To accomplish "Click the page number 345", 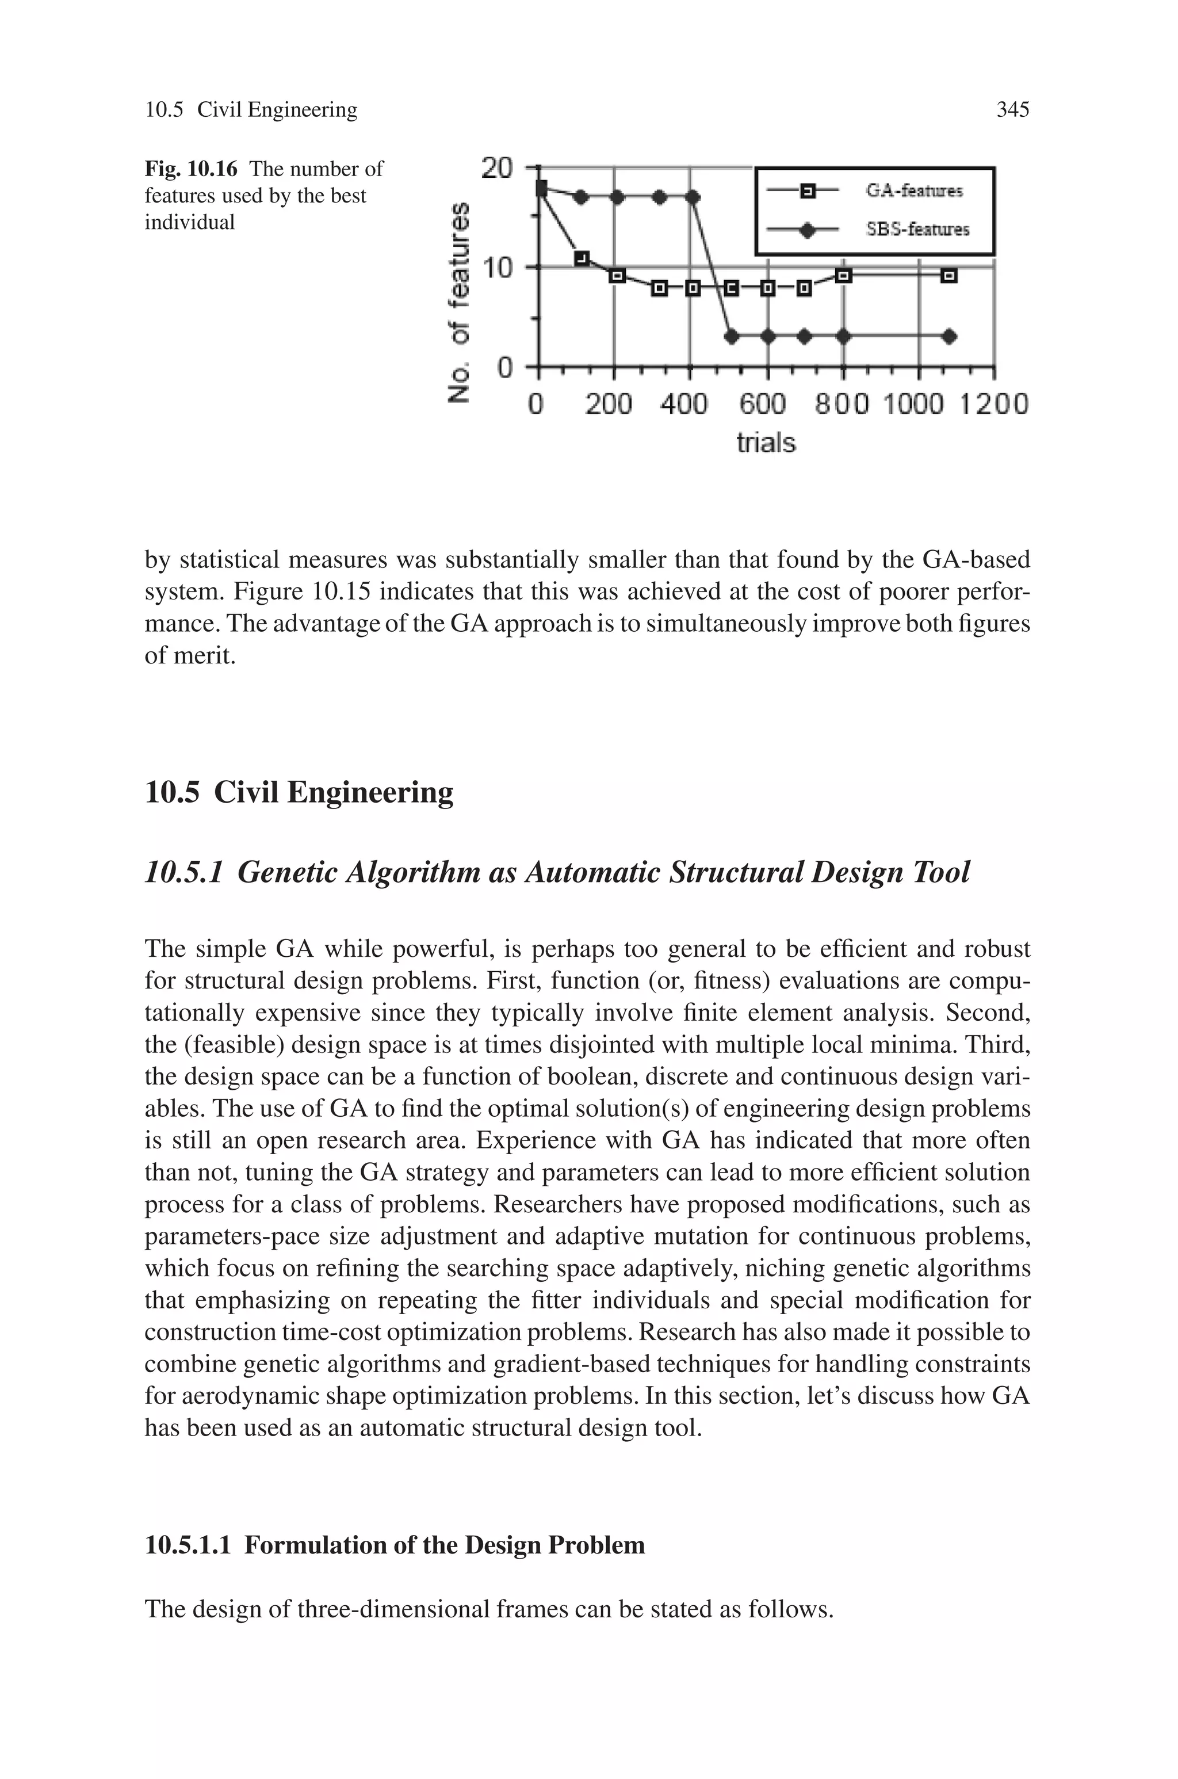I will click(1012, 110).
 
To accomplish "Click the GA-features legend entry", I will click(913, 191).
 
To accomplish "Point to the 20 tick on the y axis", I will click(496, 167).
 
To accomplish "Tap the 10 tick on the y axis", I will click(496, 268).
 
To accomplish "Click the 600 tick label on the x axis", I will click(763, 405).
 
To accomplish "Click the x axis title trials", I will click(765, 443).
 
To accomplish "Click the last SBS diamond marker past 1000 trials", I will click(949, 337).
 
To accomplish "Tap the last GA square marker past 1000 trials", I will click(949, 277).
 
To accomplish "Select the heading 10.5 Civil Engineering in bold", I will click(299, 793).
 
